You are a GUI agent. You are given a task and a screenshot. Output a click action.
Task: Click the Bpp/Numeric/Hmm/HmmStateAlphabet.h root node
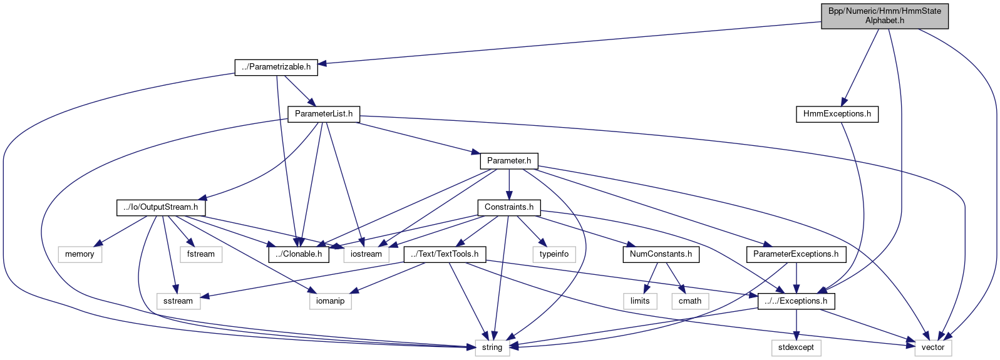tap(884, 16)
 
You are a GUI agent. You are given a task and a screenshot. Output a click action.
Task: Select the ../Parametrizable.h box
tap(276, 67)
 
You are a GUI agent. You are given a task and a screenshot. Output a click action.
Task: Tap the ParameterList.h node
tap(324, 114)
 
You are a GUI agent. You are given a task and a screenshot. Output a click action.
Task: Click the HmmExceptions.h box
tap(837, 114)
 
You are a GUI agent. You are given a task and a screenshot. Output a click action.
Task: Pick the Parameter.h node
tap(509, 161)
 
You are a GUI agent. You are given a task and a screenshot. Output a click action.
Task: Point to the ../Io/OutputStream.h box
tap(161, 207)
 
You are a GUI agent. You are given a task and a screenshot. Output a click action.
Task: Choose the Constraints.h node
tap(509, 207)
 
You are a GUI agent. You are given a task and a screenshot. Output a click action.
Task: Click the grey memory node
tap(80, 254)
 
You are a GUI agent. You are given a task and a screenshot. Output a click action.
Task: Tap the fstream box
tap(201, 254)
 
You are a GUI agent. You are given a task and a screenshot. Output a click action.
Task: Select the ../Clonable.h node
tap(299, 254)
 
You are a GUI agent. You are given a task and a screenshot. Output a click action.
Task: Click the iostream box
tap(366, 254)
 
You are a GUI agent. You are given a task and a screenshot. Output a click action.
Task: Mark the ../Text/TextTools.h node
tap(445, 254)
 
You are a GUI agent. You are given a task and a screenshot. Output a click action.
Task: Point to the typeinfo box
tap(554, 254)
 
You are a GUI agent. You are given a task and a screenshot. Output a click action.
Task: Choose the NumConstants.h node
tap(661, 254)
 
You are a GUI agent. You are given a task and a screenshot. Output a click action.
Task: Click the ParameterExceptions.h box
tap(796, 254)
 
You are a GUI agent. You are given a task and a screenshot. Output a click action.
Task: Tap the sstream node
tap(178, 301)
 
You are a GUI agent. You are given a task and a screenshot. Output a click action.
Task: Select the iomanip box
tap(331, 301)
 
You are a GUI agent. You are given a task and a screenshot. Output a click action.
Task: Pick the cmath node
tap(690, 301)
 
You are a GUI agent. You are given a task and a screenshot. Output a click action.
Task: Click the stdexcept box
tap(796, 347)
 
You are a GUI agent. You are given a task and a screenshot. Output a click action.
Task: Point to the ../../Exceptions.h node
tap(796, 301)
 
